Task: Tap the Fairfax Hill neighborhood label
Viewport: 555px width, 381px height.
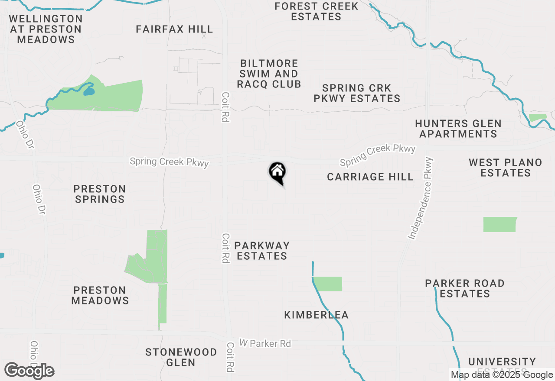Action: (174, 29)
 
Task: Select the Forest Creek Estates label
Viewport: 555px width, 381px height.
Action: (317, 12)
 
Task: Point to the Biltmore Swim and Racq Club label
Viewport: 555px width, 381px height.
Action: (269, 74)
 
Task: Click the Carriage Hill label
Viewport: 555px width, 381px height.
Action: (370, 177)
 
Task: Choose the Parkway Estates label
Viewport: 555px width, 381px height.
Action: (261, 251)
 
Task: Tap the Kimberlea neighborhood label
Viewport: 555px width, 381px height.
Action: (316, 315)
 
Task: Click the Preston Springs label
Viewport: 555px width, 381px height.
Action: (100, 194)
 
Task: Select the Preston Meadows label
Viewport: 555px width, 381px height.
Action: (100, 295)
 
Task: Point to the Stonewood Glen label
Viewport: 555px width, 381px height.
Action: (181, 357)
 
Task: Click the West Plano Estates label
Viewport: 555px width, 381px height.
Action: (506, 168)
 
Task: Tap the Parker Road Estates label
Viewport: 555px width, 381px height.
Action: (465, 288)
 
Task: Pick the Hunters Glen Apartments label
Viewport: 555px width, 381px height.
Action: (458, 129)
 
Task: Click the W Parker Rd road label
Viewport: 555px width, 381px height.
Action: (265, 343)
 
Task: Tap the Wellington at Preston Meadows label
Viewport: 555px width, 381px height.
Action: (46, 29)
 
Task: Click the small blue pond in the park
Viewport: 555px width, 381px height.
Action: (89, 91)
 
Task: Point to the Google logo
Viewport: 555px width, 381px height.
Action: (29, 371)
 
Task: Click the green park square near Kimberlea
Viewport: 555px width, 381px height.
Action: (328, 284)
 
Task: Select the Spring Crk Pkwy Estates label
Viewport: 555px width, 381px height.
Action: (357, 93)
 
